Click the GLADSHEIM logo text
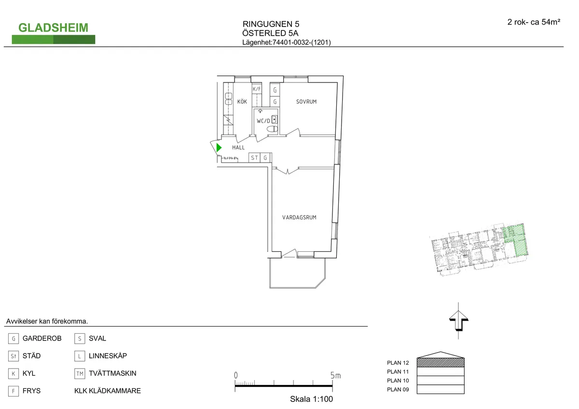[53, 27]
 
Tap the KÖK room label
[242, 102]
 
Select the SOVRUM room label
[306, 102]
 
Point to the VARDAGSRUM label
[299, 218]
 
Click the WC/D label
[263, 121]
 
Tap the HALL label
[238, 148]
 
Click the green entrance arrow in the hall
[219, 148]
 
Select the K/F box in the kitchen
[257, 89]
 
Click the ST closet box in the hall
[254, 158]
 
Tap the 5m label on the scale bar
[335, 375]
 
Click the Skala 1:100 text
[311, 399]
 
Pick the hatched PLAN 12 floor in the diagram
[440, 362]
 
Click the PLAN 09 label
[398, 390]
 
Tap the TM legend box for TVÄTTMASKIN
[80, 374]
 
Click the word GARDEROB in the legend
[42, 339]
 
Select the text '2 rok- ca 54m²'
[534, 22]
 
